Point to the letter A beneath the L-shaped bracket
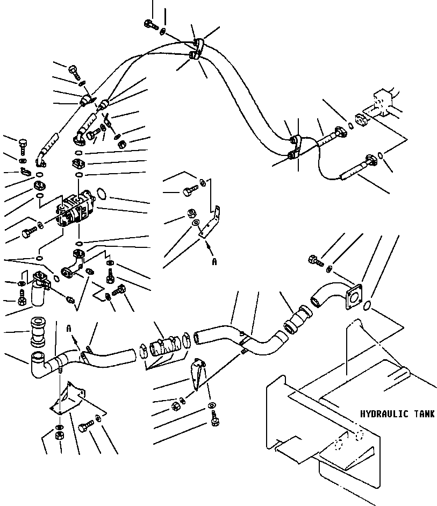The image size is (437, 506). pos(214,262)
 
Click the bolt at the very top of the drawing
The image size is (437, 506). pos(150,24)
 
